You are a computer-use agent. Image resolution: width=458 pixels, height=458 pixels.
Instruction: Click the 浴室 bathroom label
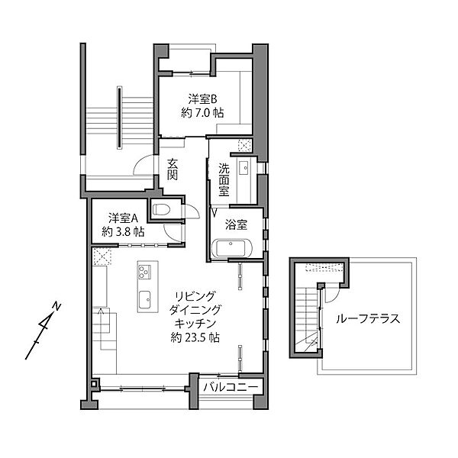point(236,225)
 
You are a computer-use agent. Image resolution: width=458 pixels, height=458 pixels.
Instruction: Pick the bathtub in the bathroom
point(234,249)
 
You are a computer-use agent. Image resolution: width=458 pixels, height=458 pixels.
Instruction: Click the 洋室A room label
point(123,217)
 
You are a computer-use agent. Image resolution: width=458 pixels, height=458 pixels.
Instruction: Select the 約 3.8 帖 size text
point(123,231)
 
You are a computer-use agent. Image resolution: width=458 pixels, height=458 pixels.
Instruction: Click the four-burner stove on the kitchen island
point(144,272)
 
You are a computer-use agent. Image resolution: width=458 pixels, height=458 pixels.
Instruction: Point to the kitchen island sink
point(144,298)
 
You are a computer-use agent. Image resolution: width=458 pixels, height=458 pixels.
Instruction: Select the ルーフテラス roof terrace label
point(368,319)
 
